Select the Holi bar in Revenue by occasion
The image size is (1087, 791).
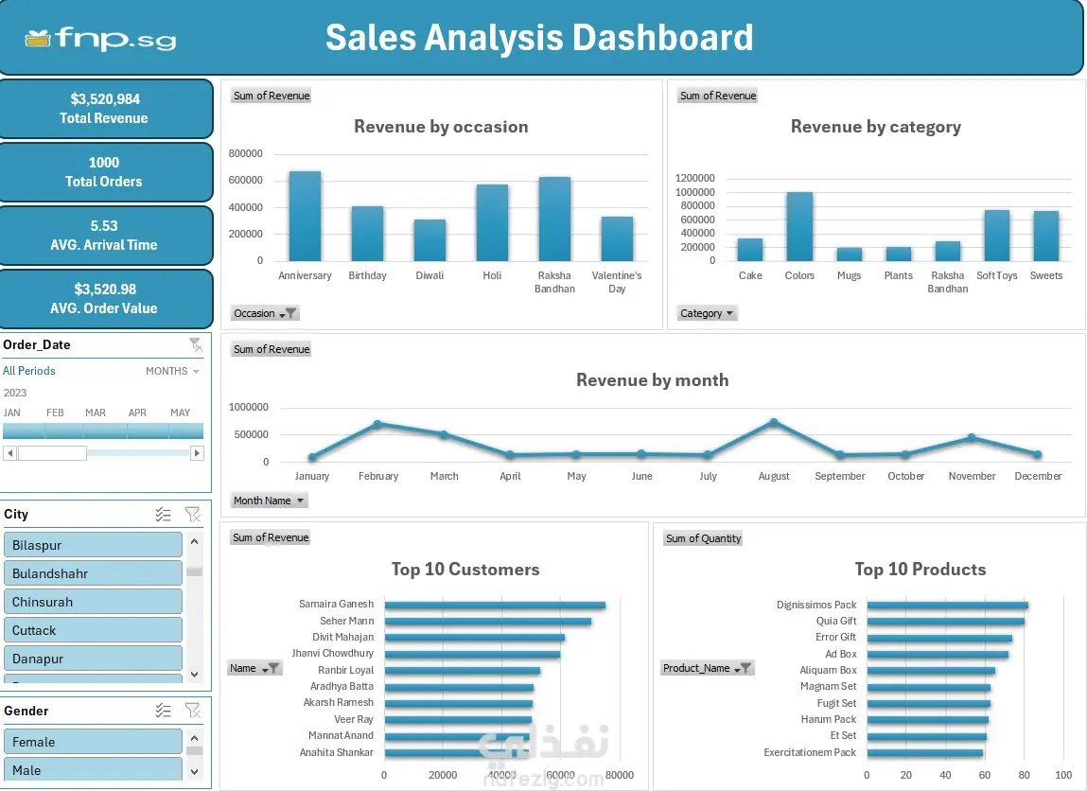[492, 222]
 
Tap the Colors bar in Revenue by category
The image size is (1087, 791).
[799, 227]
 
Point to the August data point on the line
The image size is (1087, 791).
[774, 422]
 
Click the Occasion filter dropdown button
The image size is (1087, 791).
[265, 313]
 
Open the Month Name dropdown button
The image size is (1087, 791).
[269, 501]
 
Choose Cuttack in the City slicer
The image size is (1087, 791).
[93, 630]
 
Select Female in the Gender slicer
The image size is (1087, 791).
[93, 742]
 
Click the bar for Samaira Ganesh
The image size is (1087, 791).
[495, 606]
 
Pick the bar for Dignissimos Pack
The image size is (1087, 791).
[947, 606]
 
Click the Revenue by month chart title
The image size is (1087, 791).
[653, 380]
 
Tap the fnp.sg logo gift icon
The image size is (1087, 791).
[38, 39]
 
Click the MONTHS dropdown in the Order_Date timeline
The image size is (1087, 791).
[172, 371]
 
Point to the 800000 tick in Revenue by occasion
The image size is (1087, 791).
[245, 153]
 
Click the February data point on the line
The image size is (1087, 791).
[377, 424]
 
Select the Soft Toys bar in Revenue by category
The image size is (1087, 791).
[997, 235]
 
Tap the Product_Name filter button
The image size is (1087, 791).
[707, 668]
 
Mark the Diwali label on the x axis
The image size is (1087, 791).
[430, 275]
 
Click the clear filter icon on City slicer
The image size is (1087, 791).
[192, 515]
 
